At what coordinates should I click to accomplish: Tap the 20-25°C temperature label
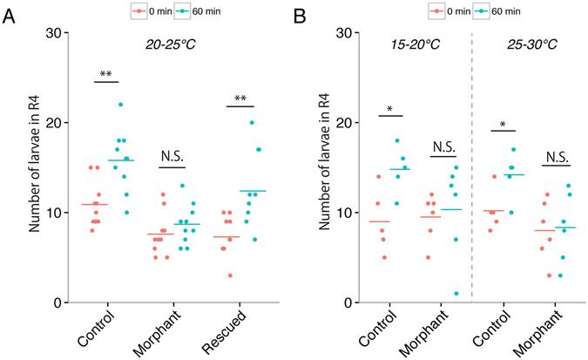pyautogui.click(x=171, y=43)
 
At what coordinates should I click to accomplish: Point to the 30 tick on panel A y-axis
pyautogui.click(x=58, y=33)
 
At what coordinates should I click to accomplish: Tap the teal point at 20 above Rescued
pyautogui.click(x=252, y=123)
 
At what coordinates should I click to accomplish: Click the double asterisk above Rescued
pyautogui.click(x=240, y=99)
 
